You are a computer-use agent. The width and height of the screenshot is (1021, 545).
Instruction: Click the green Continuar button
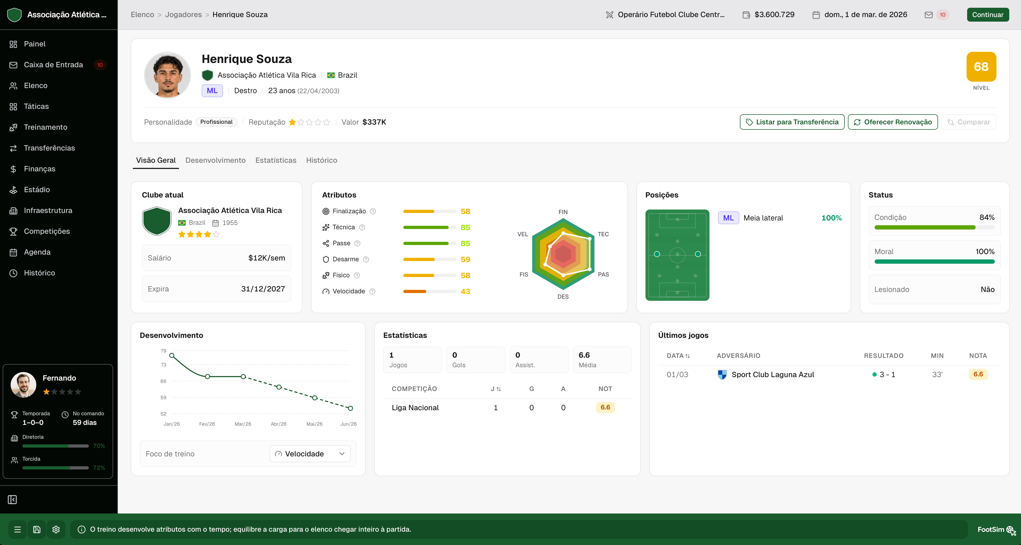[987, 15]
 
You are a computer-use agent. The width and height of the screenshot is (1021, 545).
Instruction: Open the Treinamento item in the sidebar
[45, 127]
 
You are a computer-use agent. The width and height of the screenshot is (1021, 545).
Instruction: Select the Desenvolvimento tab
[215, 160]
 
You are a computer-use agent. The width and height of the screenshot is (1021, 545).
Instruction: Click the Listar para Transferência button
[792, 122]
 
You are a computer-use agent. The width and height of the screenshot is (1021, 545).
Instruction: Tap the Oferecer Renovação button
[893, 122]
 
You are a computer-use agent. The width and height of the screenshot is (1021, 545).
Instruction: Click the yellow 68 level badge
[981, 67]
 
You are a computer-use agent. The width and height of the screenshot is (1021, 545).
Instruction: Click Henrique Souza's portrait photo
[167, 75]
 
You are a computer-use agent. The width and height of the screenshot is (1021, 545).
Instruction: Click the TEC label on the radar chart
[603, 234]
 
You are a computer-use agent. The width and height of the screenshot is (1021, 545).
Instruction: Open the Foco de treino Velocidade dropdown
[310, 454]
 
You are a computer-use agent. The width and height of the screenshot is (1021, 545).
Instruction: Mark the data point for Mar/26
[243, 376]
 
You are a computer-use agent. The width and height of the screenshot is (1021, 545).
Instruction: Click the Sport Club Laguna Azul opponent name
[772, 374]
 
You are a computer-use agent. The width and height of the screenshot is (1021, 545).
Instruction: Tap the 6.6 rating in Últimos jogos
[978, 374]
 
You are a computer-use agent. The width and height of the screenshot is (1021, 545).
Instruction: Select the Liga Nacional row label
[415, 408]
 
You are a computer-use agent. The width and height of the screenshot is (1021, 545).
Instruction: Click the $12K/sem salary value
[266, 258]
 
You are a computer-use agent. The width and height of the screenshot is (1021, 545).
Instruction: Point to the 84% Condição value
[987, 217]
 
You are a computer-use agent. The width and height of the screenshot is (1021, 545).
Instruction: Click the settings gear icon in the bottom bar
[56, 529]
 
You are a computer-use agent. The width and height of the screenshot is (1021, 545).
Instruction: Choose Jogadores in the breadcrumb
[183, 15]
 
